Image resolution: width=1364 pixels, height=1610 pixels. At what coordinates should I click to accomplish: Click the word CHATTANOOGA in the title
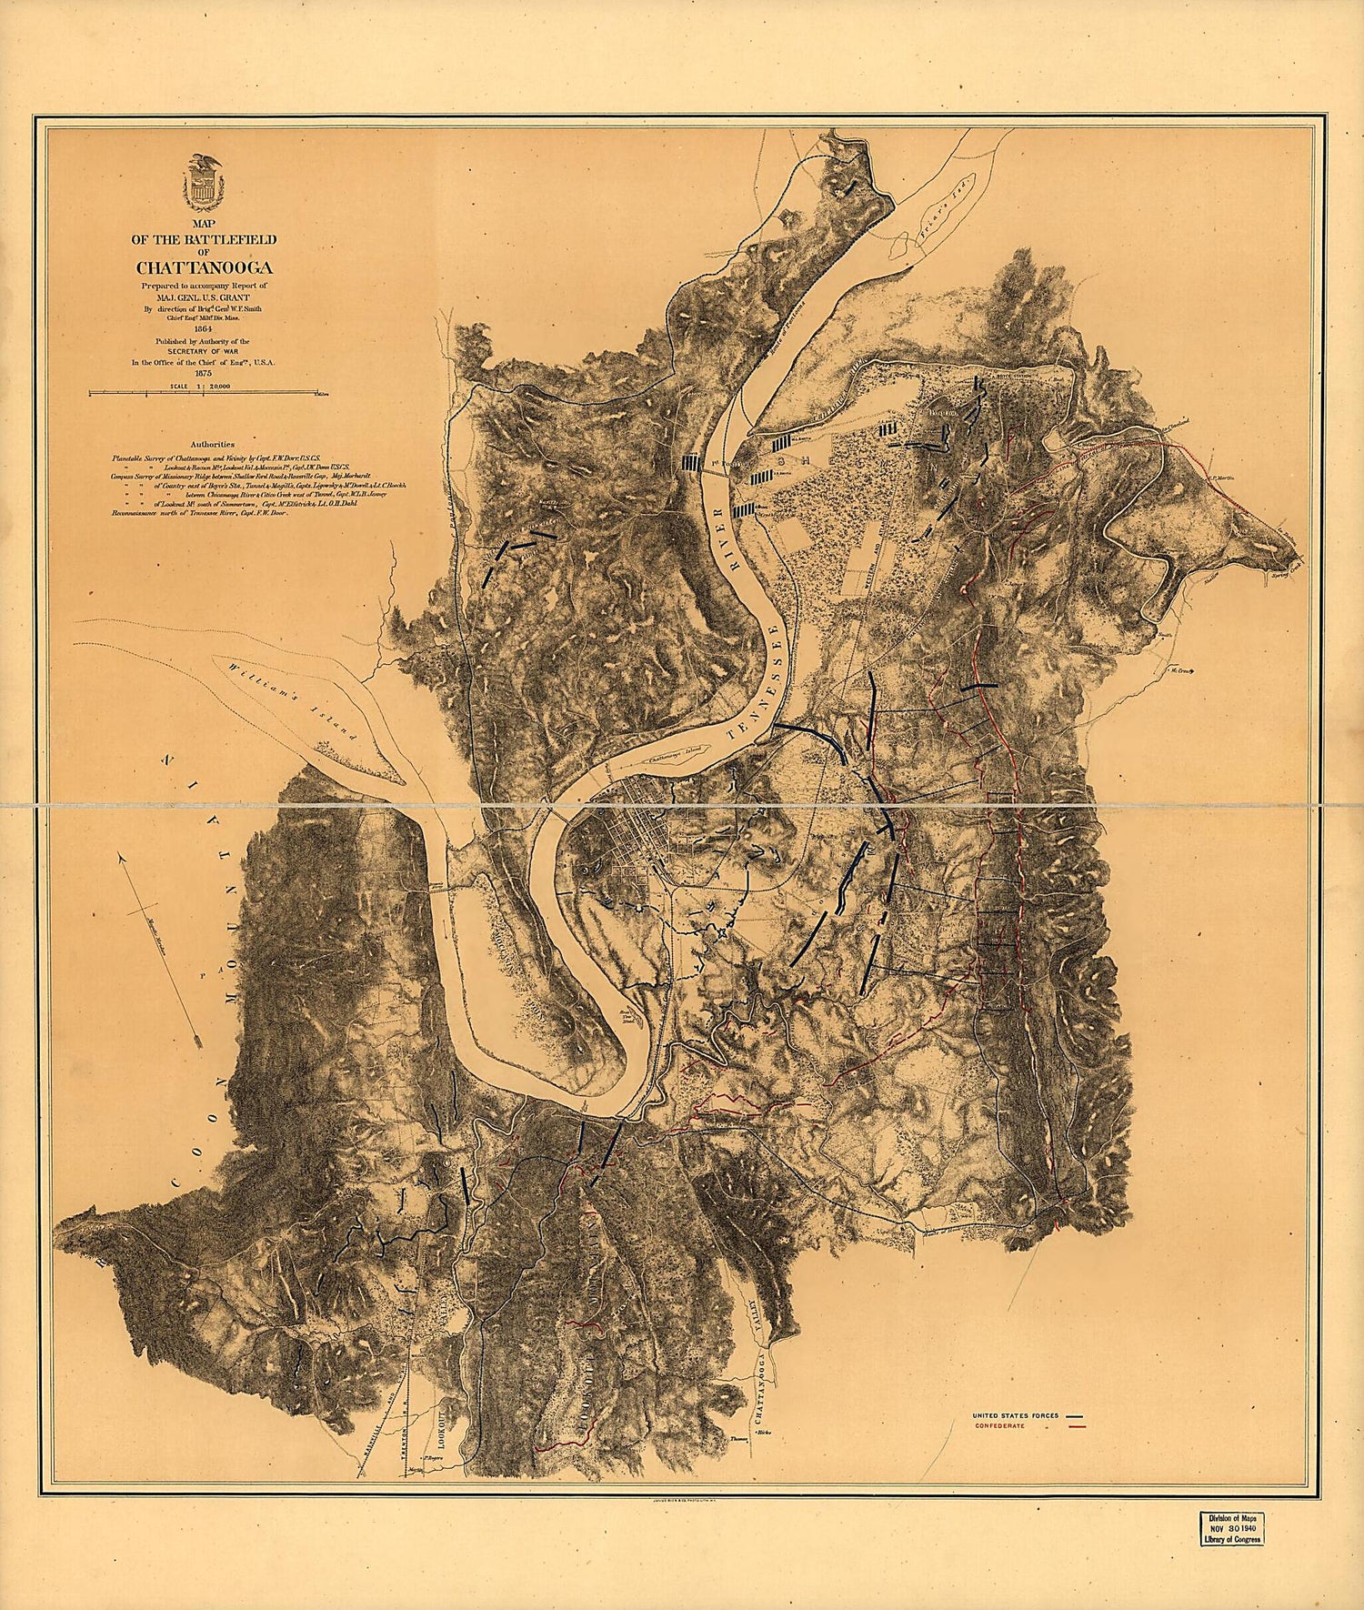tap(205, 267)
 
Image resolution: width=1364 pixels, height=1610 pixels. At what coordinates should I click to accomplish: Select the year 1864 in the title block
tap(204, 329)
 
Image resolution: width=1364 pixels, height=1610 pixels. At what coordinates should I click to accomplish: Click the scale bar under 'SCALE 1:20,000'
tap(205, 394)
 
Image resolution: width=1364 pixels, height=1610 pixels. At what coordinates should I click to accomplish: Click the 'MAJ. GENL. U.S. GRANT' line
tap(205, 297)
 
